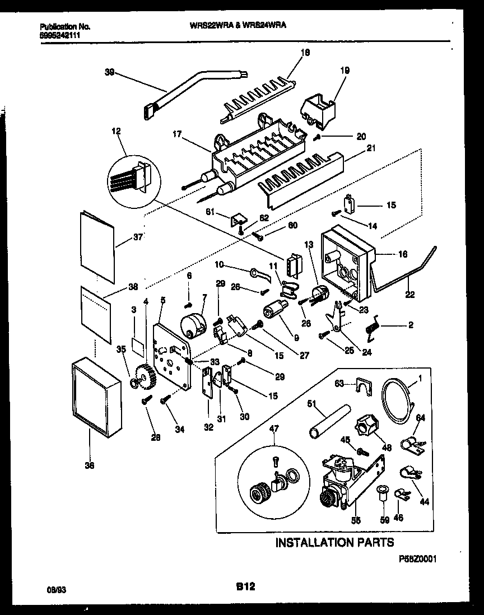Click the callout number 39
[110, 72]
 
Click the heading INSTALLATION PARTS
[334, 542]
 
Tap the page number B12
[245, 587]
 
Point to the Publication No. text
[65, 26]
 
